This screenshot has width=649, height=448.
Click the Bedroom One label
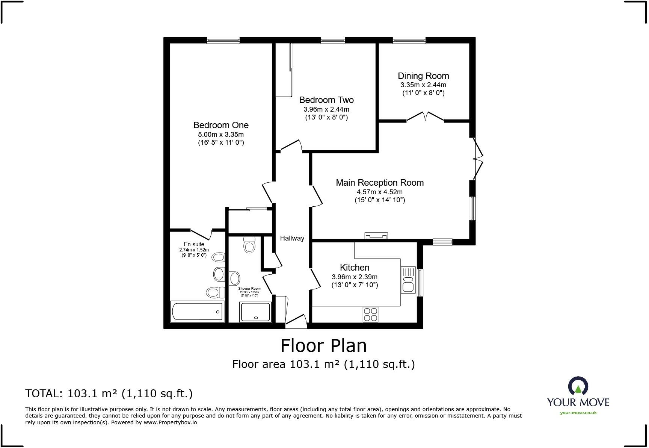pos(221,125)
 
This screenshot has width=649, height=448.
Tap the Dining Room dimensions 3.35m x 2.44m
pos(423,85)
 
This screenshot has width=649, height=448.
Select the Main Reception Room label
pos(380,183)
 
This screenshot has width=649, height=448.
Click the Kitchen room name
pos(355,268)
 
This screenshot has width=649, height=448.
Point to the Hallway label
pos(292,238)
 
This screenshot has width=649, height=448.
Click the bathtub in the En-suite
pos(198,311)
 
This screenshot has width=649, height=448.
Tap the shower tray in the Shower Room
pos(256,312)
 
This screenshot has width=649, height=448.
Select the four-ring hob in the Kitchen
pos(370,314)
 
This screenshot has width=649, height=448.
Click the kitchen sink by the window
pos(408,280)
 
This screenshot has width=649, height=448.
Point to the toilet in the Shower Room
pos(249,245)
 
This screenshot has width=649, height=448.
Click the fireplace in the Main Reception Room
pos(376,236)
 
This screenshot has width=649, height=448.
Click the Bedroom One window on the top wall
pos(223,40)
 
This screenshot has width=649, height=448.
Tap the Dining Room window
pos(409,40)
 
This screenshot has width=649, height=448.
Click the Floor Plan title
pos(323,346)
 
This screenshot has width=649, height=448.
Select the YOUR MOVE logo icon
pos(578,386)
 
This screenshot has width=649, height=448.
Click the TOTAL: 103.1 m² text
pos(109,394)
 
